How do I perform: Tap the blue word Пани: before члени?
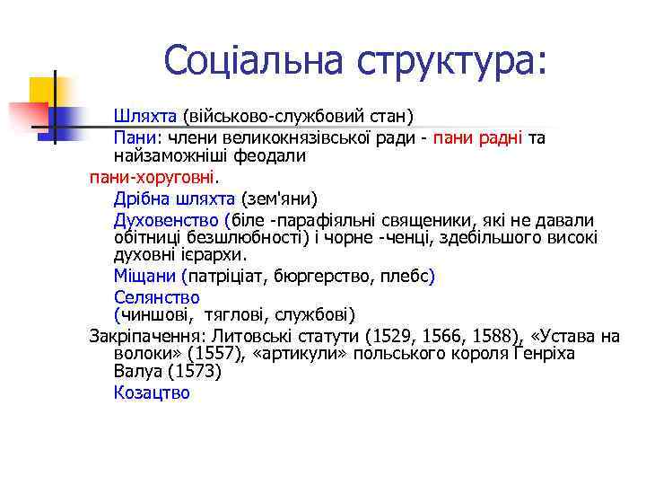coord(135,138)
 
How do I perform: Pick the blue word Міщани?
coord(145,276)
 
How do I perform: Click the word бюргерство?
coord(319,276)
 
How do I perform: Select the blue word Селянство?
coord(156,297)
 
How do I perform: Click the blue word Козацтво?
coord(152,392)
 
